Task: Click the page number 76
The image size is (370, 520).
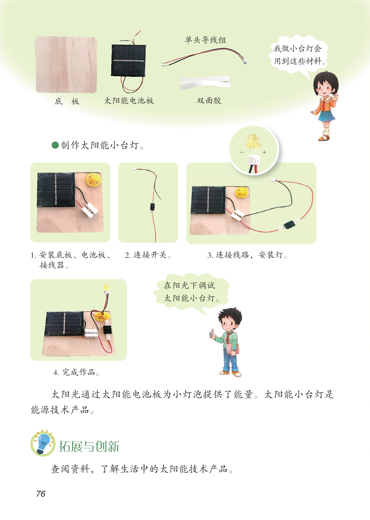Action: [41, 493]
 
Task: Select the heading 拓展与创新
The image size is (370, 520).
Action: [89, 447]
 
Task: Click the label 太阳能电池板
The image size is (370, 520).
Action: [129, 101]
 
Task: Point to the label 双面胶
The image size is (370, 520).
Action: [209, 101]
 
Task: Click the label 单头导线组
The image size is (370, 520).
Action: [205, 40]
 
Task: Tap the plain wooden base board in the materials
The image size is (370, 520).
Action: [66, 65]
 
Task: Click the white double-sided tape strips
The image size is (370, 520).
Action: [205, 82]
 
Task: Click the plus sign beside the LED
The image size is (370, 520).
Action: [264, 152]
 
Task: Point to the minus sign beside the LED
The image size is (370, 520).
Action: [242, 152]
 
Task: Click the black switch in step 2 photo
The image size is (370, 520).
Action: [152, 207]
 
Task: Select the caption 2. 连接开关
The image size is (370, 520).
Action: [148, 255]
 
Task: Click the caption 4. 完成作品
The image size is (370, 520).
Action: [76, 372]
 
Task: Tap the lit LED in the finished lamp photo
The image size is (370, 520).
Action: [106, 288]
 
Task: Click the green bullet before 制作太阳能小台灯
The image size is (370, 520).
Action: [55, 145]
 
